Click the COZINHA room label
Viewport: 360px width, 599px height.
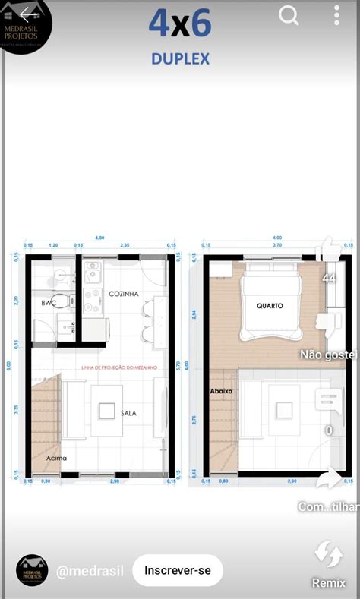point(123,294)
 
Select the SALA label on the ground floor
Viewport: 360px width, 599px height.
point(128,413)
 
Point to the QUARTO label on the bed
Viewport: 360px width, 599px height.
point(270,306)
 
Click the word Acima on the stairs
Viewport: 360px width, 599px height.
point(56,458)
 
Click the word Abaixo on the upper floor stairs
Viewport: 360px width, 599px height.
point(221,391)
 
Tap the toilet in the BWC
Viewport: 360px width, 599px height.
point(60,301)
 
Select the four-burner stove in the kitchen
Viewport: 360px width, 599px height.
point(92,301)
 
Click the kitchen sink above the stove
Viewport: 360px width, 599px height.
point(92,272)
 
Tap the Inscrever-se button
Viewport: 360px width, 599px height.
point(178,570)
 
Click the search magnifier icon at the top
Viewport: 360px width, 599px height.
point(289,16)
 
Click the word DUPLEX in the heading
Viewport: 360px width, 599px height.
point(180,58)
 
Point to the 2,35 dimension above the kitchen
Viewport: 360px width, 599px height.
point(124,245)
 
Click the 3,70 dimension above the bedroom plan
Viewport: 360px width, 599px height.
point(277,245)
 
